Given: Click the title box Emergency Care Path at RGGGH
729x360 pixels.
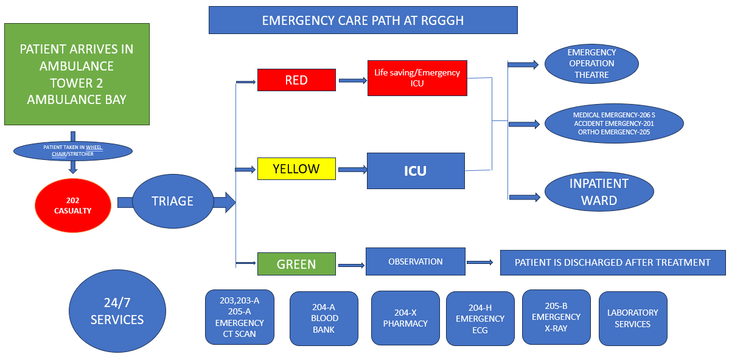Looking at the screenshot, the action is tap(363, 20).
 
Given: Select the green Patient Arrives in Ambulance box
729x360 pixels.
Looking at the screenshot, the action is tap(77, 74).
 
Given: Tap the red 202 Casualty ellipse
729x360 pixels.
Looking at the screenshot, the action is tap(73, 206).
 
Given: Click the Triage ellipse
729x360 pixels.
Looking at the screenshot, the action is tap(172, 201).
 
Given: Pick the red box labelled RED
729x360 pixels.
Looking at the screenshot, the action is tap(296, 80).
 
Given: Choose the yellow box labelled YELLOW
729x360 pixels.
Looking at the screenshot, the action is tap(296, 168).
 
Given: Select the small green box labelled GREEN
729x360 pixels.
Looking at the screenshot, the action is tap(296, 264).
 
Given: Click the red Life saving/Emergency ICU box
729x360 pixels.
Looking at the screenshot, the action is tap(417, 78).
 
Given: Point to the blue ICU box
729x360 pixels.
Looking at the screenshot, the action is tap(416, 170).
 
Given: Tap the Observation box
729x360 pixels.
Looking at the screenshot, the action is tap(416, 261).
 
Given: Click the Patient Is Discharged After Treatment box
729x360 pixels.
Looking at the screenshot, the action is tap(613, 263).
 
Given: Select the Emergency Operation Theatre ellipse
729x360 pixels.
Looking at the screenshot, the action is tap(591, 64).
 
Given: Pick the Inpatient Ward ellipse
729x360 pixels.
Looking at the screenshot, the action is tap(599, 192).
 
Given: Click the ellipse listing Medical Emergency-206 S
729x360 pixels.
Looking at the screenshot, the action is tap(614, 123).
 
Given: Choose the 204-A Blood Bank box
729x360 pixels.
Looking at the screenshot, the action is tap(324, 318).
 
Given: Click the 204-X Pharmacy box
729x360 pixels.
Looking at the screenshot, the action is tap(405, 317).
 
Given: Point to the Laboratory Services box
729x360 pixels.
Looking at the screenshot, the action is tap(633, 318).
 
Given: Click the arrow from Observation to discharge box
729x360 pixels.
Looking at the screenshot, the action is tap(480, 263).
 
